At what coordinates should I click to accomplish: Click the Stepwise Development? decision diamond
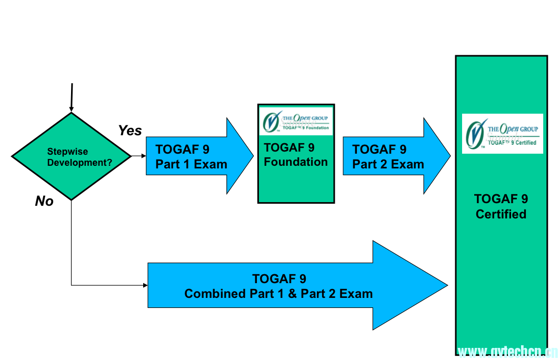pos(71,156)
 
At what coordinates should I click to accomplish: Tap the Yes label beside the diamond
pos(129,130)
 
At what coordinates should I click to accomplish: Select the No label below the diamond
pos(44,201)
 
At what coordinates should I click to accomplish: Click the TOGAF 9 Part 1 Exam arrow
pos(192,156)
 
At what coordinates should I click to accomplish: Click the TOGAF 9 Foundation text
pos(296,155)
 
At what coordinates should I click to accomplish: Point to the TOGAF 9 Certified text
pos(501,206)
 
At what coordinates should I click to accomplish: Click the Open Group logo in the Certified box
pos(502,134)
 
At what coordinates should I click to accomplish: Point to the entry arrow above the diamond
pos(72,97)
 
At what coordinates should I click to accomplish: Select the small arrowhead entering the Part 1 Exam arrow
pos(144,156)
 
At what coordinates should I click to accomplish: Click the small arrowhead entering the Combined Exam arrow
pos(145,285)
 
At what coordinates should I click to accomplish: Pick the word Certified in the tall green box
pos(501,214)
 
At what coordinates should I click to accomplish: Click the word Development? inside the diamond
pos(79,163)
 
